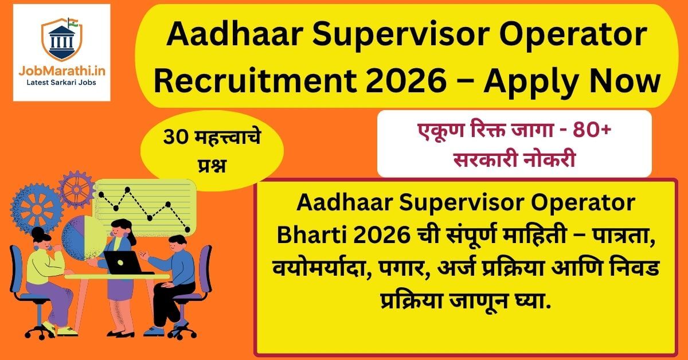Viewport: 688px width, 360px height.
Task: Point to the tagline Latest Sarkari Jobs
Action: point(62,84)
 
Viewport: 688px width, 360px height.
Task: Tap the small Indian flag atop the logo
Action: point(73,22)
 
